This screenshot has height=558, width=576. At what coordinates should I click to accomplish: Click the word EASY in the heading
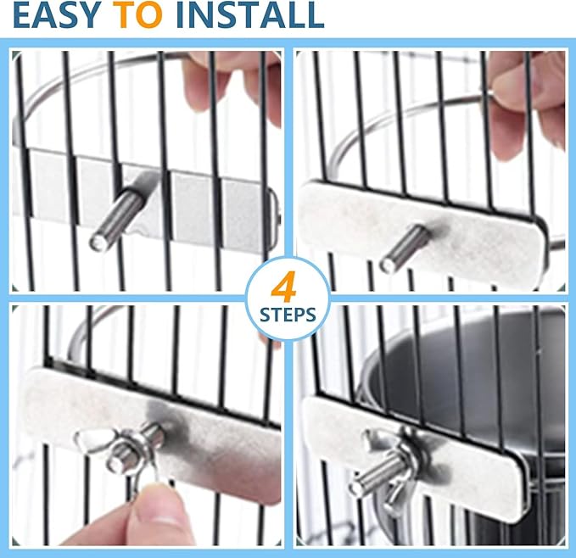click(x=52, y=15)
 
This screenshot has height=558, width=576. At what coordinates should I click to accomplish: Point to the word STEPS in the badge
click(x=288, y=315)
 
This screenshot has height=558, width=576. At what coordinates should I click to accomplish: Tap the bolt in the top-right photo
click(x=405, y=248)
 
